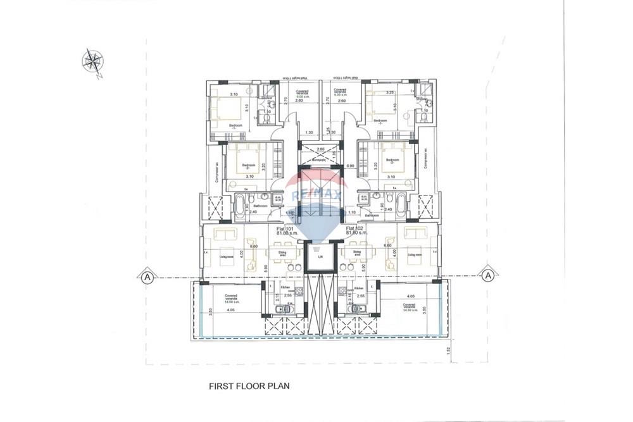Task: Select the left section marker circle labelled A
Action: point(147,276)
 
